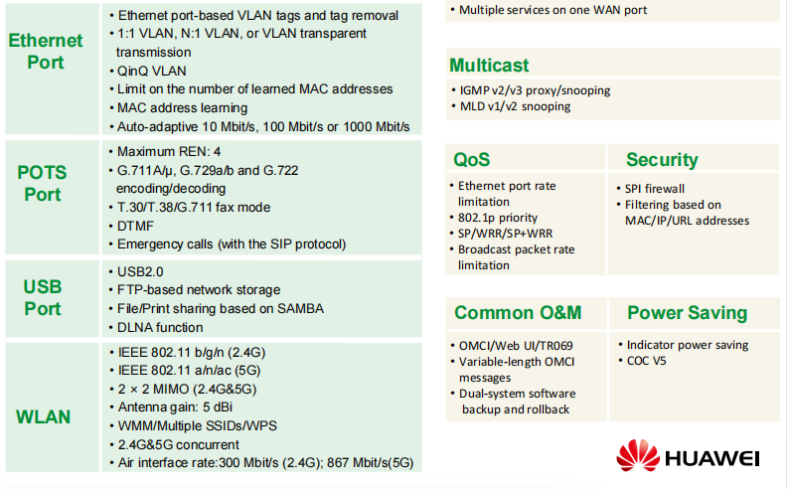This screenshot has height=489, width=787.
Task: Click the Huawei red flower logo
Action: point(637,455)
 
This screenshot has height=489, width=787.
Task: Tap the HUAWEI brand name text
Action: point(712,458)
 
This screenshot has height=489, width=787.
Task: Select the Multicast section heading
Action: point(489,66)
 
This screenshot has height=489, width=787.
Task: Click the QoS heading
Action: point(471,160)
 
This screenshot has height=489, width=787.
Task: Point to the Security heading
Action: point(662,160)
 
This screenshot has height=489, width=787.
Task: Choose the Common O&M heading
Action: point(518,312)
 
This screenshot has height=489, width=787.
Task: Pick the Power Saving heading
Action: point(687,313)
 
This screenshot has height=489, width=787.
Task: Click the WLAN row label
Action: point(43,416)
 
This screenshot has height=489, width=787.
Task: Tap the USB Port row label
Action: point(43,298)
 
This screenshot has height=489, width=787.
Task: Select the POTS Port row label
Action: point(42,183)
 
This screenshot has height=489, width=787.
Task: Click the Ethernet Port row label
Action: point(46,52)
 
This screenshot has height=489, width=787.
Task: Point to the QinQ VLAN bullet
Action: point(151,71)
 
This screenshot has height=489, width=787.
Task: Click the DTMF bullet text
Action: point(135,226)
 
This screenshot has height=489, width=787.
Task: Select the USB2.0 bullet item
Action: point(140,271)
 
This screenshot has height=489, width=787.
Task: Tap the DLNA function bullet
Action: point(160,327)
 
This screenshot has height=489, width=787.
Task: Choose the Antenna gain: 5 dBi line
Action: point(175,407)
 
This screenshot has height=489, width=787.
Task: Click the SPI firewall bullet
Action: point(655,189)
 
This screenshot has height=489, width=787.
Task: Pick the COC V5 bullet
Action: point(647,361)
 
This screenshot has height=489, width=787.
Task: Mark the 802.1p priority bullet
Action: point(498,218)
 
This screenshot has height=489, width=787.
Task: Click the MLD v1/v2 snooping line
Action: point(515,106)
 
